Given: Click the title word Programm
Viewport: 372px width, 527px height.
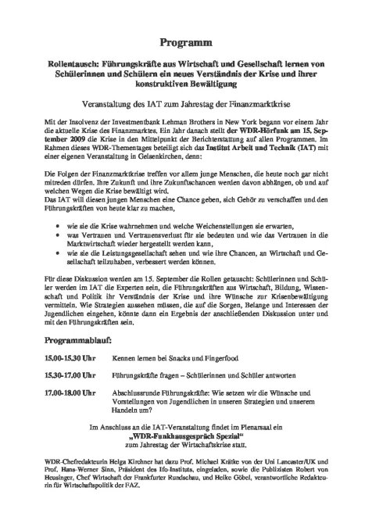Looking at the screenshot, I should (185, 38).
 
